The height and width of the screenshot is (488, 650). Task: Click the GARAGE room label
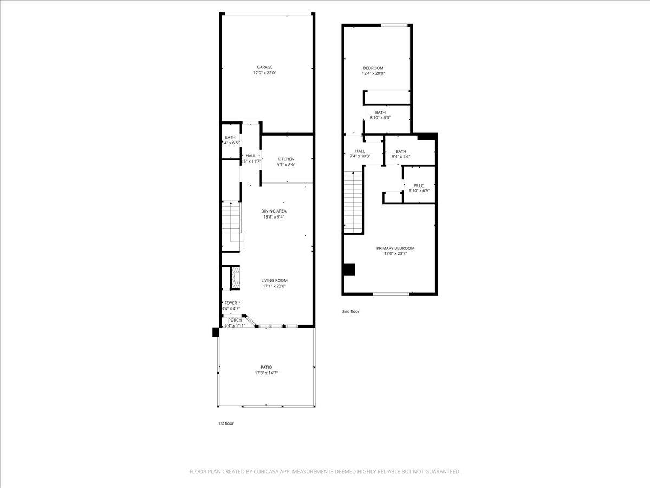[x=265, y=67]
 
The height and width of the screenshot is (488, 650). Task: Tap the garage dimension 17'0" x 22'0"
[x=265, y=73]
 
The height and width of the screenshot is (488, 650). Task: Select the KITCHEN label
[x=286, y=159]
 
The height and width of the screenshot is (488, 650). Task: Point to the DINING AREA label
[x=274, y=211]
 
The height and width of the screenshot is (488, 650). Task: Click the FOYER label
[x=231, y=303]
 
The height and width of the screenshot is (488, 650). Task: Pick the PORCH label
[x=235, y=320]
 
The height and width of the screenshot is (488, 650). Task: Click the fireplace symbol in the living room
[x=235, y=277]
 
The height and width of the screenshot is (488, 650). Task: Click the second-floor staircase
[x=353, y=201]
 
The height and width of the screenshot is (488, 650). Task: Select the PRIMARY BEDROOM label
[x=395, y=248]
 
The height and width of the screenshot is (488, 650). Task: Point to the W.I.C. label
[x=419, y=185]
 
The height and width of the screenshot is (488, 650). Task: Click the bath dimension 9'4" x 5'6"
[x=401, y=157]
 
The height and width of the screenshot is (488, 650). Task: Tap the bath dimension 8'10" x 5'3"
[x=380, y=117]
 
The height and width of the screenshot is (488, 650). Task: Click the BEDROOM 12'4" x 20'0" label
[x=373, y=68]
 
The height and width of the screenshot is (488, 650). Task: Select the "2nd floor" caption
[x=350, y=311]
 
